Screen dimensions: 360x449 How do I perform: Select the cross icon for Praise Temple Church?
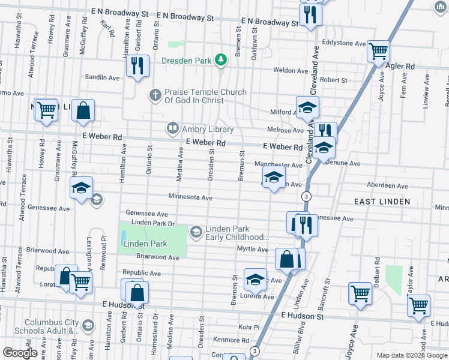click(155, 95)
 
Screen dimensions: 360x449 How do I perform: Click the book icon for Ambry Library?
click(172, 128)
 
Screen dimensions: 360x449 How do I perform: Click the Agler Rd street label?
click(402, 66)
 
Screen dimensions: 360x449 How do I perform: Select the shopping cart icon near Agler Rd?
click(378, 51)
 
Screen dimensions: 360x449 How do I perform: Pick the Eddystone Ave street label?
click(343, 44)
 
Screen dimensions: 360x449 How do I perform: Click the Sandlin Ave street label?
click(103, 77)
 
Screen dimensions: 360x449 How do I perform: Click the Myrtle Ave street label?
click(253, 248)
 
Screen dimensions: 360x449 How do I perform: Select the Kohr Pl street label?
click(248, 328)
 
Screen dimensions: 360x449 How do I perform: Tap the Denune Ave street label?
click(344, 163)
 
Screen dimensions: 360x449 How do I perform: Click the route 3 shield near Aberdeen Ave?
click(307, 196)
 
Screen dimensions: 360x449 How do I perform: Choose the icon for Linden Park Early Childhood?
click(196, 232)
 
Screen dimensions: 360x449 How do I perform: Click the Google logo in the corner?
click(19, 353)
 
